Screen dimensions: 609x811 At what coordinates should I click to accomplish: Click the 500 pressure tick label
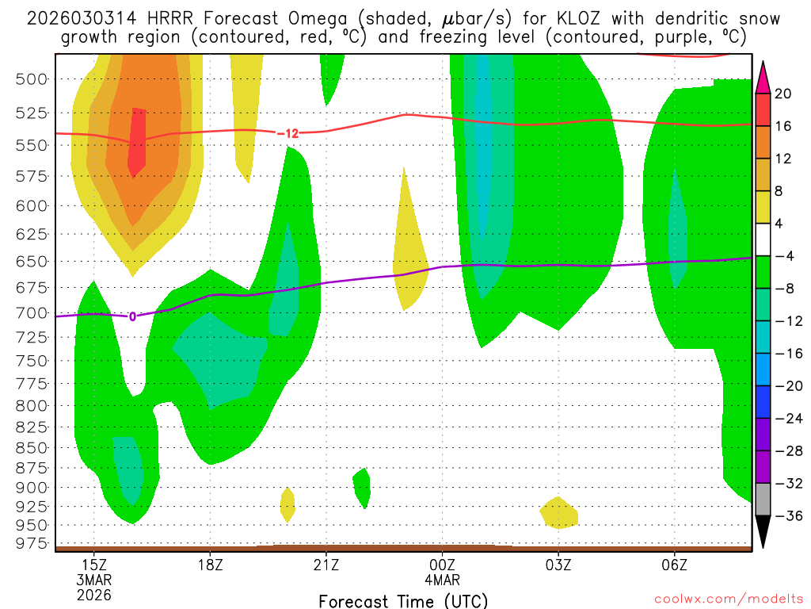pyautogui.click(x=31, y=79)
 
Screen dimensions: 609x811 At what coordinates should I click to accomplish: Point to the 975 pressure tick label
pyautogui.click(x=31, y=543)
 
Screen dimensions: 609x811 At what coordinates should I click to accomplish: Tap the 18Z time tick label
pyautogui.click(x=210, y=565)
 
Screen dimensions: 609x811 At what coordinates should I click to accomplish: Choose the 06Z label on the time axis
pyautogui.click(x=674, y=565)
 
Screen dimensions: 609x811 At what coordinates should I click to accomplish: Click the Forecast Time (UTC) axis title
pyautogui.click(x=403, y=600)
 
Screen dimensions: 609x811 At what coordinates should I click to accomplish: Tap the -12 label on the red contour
pyautogui.click(x=287, y=133)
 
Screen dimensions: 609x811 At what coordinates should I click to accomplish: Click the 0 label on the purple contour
pyautogui.click(x=132, y=316)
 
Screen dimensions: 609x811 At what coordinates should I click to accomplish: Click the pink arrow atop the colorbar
pyautogui.click(x=763, y=77)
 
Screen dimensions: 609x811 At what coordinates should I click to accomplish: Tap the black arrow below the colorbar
pyautogui.click(x=763, y=531)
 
